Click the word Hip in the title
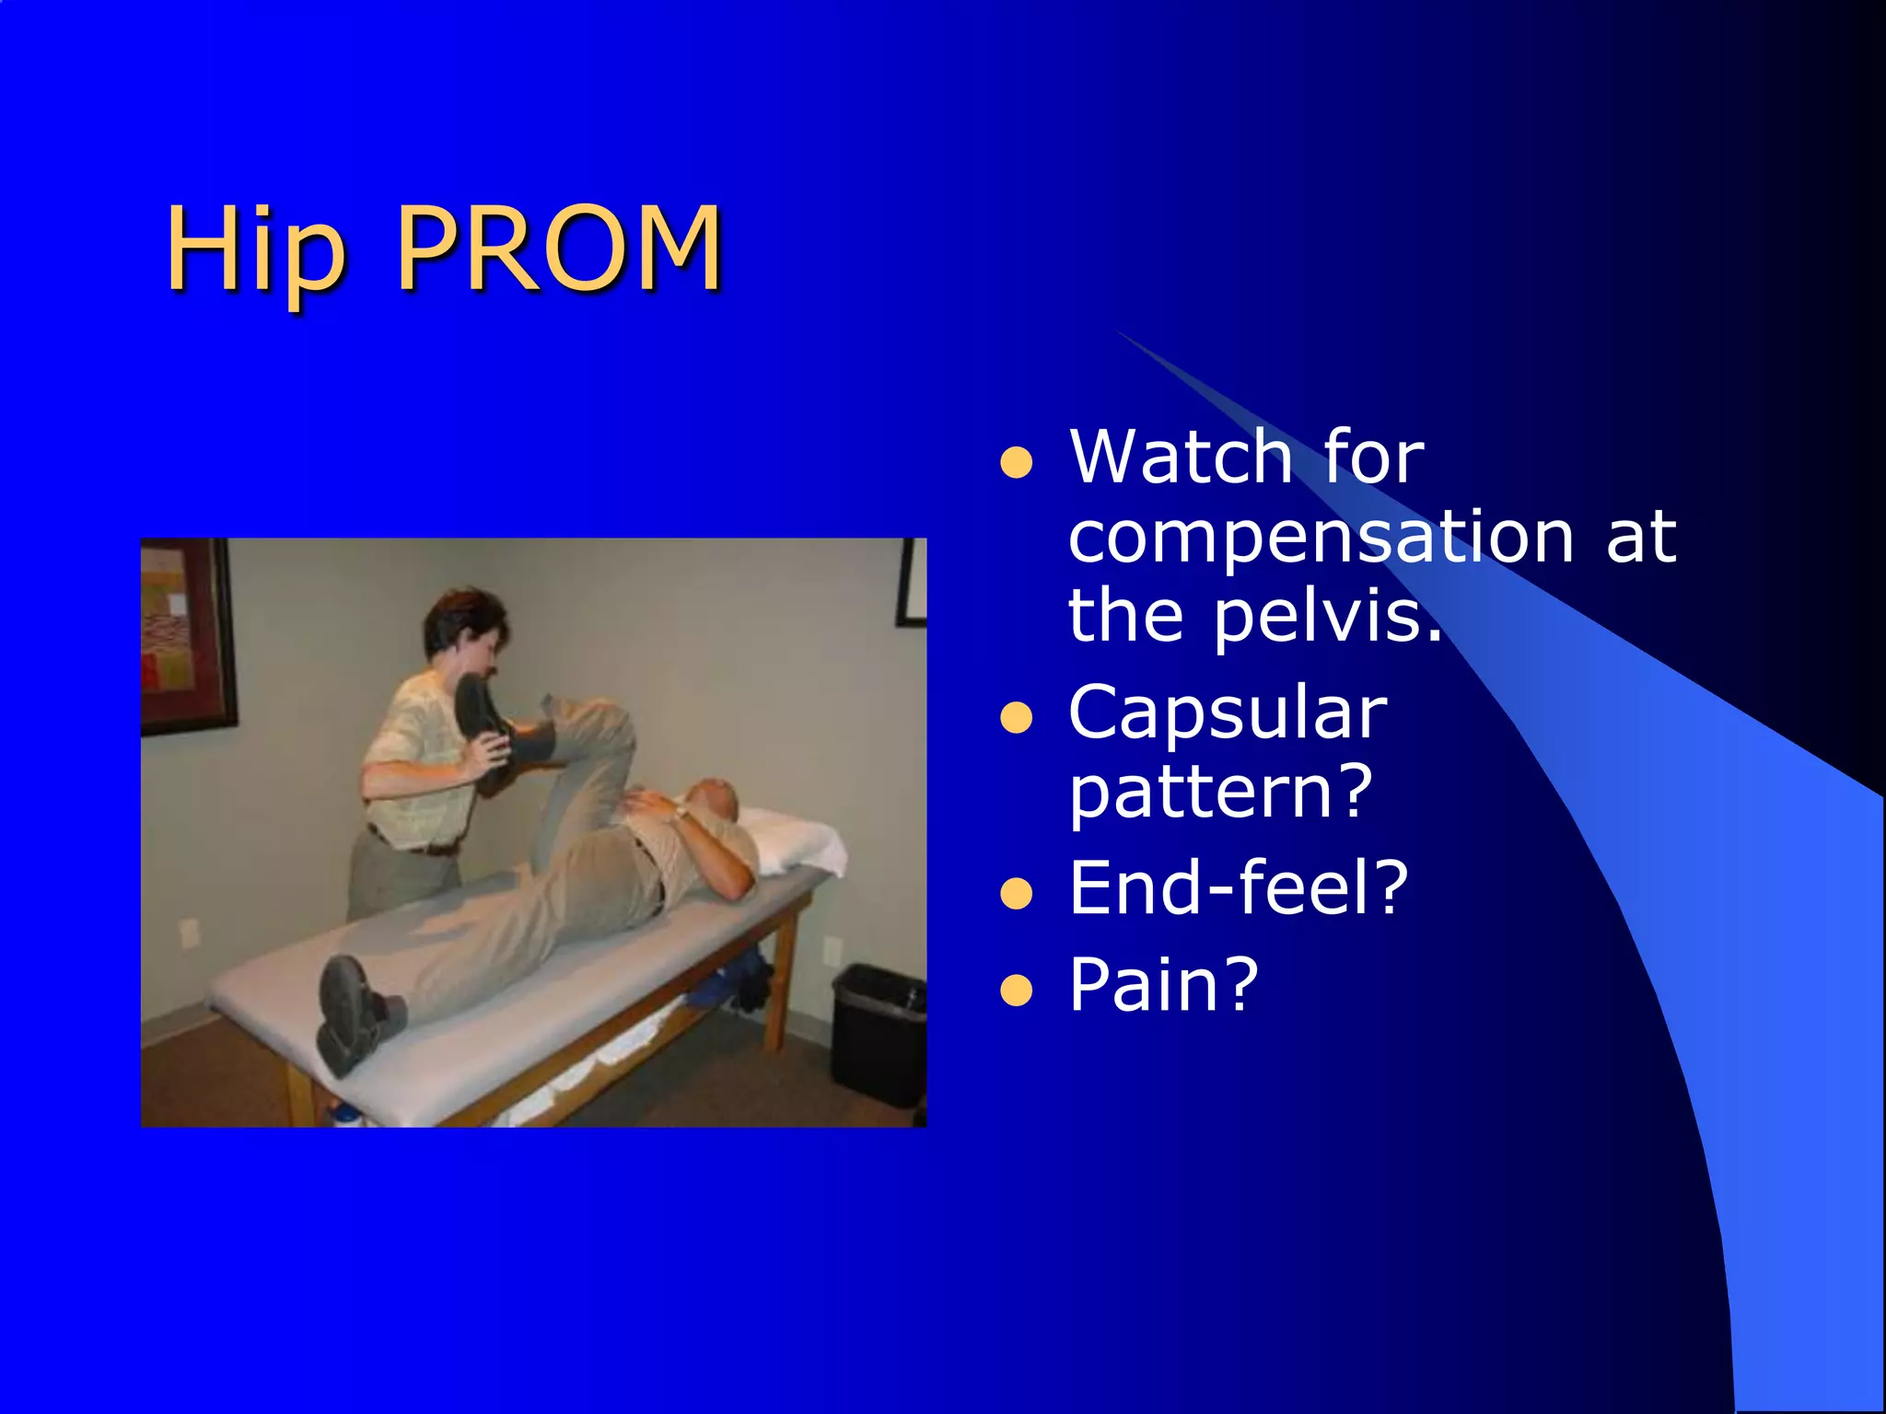click(256, 249)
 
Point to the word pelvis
click(1325, 616)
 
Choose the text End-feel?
click(1238, 887)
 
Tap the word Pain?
click(1163, 985)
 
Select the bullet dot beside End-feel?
click(1016, 893)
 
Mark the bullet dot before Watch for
click(1016, 463)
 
